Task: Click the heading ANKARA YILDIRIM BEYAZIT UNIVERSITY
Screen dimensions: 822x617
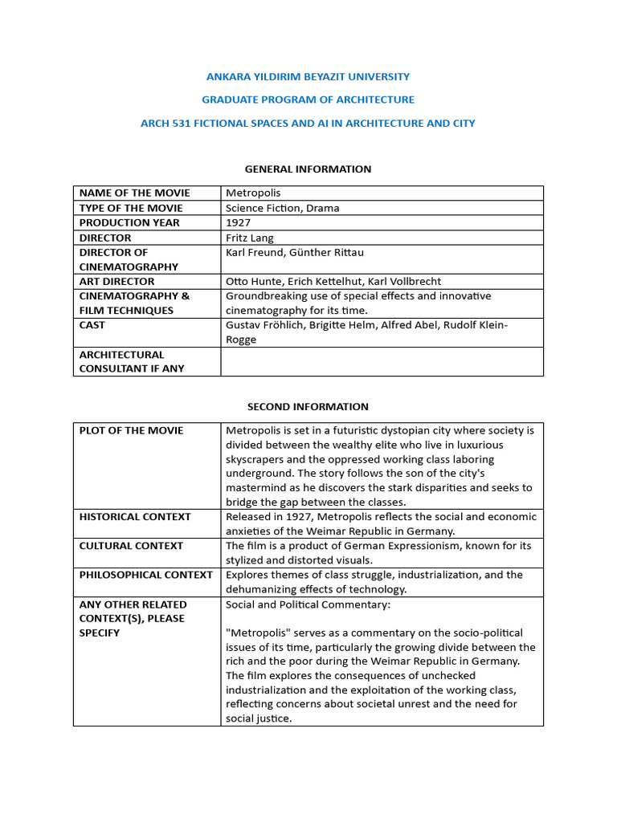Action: pos(308,76)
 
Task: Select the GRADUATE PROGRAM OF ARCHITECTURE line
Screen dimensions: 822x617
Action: pos(308,100)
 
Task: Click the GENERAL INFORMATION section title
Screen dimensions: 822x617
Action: pos(308,169)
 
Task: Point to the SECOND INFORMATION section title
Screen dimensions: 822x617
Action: pos(308,406)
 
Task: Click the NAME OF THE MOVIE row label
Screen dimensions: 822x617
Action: pos(134,193)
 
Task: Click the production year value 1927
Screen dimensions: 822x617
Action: pos(239,222)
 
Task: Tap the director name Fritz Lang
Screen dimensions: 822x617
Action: pos(250,238)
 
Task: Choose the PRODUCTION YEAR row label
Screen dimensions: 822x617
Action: pos(129,222)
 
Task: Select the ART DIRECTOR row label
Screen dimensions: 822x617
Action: pos(116,282)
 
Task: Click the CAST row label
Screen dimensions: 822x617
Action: pos(92,325)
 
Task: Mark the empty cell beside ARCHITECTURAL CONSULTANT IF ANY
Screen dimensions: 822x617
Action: pos(382,361)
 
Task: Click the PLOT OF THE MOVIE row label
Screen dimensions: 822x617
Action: pos(131,430)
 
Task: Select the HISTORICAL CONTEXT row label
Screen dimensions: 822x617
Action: pos(135,516)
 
